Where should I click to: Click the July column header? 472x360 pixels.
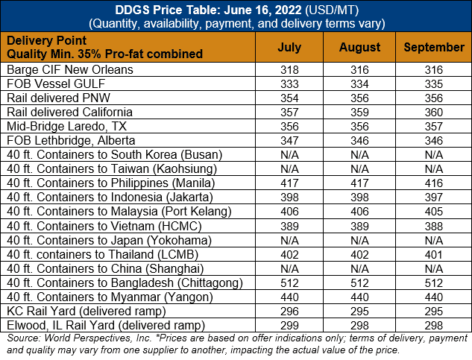pos(289,47)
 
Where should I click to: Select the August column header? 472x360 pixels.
pos(359,47)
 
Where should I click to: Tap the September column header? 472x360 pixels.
pos(434,47)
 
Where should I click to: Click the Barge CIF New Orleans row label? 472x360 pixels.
pos(70,69)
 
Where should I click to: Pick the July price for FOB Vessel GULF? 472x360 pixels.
pos(289,84)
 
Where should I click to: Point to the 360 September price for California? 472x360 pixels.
pos(434,113)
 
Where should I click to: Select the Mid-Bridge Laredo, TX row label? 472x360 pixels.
pos(66,127)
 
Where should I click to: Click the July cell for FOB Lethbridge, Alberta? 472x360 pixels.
pos(289,141)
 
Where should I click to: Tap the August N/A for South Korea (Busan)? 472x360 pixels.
pos(359,155)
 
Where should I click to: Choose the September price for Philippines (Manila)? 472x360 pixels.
pos(434,183)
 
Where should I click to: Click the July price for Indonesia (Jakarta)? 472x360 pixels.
pos(289,198)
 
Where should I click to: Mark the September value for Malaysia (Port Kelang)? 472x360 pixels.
pos(434,212)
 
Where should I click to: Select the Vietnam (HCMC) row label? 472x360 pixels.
pos(104,226)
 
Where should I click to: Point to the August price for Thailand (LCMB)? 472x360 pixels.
pos(359,255)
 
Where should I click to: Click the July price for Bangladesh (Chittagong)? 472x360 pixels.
pos(289,283)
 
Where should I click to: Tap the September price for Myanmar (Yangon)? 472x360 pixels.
pos(434,297)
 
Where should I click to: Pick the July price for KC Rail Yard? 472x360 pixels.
pos(289,312)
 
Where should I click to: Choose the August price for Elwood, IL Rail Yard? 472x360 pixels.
pos(359,326)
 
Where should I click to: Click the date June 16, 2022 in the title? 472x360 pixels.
pos(262,10)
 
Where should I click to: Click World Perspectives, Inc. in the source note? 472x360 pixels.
pos(98,338)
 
